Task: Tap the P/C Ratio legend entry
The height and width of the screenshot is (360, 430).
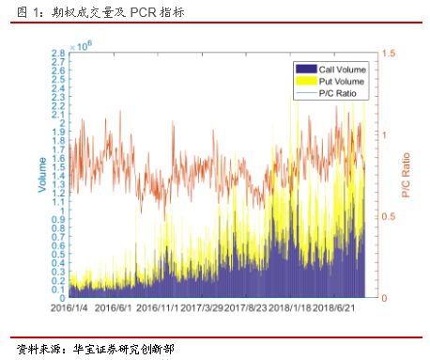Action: click(337, 94)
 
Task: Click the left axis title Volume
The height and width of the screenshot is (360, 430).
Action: click(42, 175)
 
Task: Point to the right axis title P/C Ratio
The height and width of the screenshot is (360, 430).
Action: click(407, 175)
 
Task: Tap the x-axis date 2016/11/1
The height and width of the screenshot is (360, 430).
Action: click(157, 307)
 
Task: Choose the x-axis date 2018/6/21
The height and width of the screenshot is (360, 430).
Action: click(336, 307)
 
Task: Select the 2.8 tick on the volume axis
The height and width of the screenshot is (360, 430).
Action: click(57, 54)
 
